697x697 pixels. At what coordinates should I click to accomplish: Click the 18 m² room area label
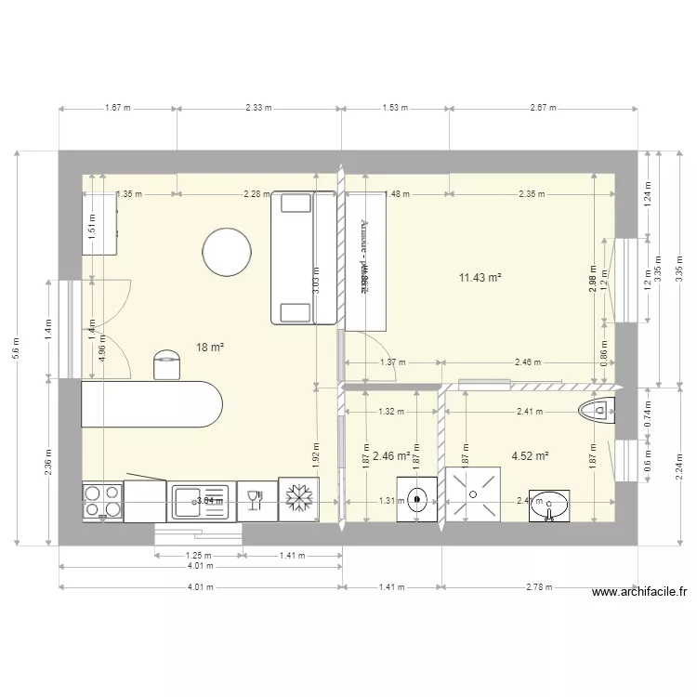[210, 348]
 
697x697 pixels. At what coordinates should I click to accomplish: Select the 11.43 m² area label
[480, 278]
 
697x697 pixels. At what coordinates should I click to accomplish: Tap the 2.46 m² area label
[391, 456]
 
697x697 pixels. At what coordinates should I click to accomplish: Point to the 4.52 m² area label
[530, 456]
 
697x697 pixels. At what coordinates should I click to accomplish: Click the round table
[227, 252]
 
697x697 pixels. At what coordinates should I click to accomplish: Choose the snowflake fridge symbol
[299, 500]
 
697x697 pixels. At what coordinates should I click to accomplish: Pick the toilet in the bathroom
[596, 409]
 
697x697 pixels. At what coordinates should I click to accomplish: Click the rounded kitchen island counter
[152, 404]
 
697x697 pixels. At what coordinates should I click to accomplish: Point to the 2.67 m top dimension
[543, 108]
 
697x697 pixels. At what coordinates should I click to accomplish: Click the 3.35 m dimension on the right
[658, 269]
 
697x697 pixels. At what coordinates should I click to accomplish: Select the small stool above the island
[166, 363]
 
